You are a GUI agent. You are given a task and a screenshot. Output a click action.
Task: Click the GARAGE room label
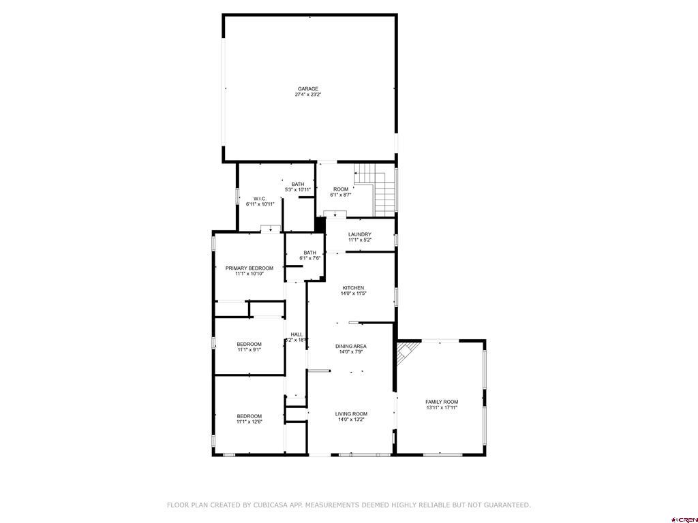[x=308, y=89]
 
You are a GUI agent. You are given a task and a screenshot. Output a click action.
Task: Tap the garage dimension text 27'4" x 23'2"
[x=308, y=95]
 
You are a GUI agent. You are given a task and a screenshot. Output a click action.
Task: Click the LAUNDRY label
[x=359, y=234]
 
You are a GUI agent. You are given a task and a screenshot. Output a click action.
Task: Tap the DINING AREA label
[x=351, y=347]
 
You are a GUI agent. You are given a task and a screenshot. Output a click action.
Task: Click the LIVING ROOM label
[x=351, y=414]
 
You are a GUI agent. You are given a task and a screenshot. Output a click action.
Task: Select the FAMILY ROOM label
[x=442, y=402]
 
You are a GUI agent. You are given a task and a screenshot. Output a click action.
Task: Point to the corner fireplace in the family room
[x=406, y=352]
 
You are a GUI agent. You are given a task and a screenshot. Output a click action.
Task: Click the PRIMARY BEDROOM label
[x=249, y=268]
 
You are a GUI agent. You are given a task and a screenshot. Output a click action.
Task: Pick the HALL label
[x=297, y=334]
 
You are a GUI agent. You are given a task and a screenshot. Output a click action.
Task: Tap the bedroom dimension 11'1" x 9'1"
[x=249, y=350]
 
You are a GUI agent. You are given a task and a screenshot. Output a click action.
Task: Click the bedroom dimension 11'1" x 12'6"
[x=249, y=422]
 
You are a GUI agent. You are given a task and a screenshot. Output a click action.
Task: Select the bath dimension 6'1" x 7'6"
[x=310, y=258]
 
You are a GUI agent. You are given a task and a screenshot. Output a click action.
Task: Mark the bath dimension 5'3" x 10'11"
[x=298, y=189]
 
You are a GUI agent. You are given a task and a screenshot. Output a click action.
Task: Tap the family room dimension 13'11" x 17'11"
[x=442, y=408]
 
